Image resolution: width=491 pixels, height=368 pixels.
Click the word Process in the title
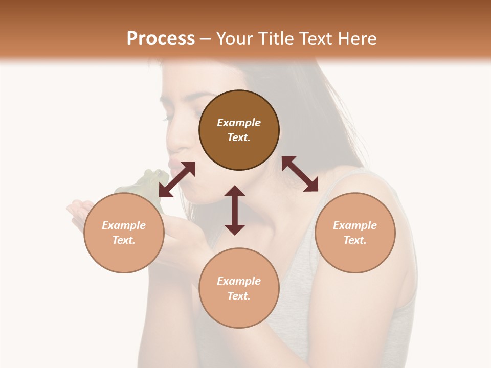161,38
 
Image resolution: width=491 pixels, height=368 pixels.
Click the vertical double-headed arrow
235,210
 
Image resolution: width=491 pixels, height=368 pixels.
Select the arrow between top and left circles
177,179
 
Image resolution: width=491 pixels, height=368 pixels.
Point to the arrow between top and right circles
300,174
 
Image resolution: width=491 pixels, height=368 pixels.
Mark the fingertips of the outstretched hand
72,209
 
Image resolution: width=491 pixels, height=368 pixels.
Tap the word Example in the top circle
239,123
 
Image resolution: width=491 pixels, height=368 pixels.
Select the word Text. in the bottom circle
239,296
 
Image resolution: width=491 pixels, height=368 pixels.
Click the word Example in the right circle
355,225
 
